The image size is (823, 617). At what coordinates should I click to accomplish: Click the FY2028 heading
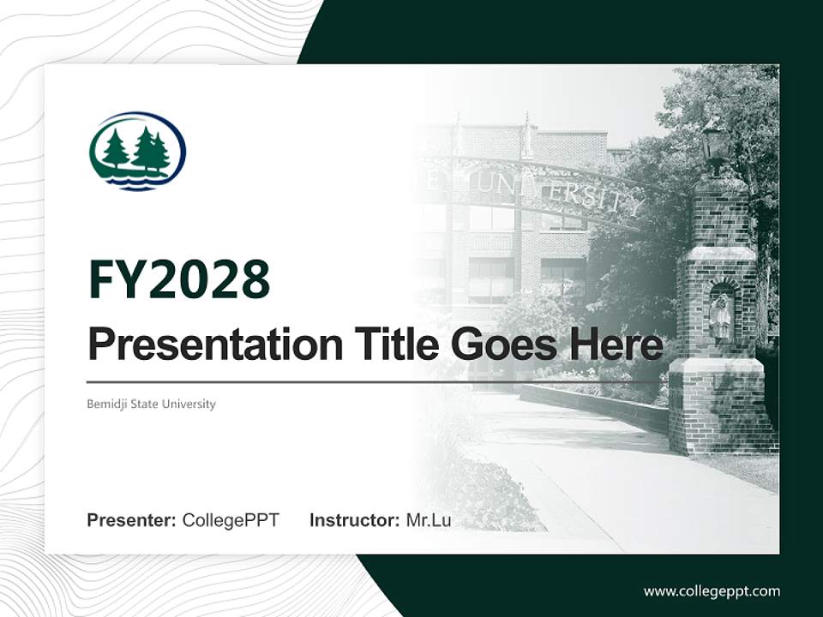(x=179, y=280)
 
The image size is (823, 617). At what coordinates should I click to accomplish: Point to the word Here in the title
(x=618, y=344)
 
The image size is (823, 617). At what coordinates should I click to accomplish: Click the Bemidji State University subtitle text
(x=151, y=404)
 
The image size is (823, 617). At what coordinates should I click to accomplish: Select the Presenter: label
(x=132, y=520)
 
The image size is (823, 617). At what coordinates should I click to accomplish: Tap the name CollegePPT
(x=231, y=520)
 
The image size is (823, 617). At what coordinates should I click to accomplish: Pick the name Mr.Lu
(x=429, y=520)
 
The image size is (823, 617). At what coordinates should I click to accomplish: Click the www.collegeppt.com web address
(x=712, y=590)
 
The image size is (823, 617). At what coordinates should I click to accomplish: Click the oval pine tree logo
(x=137, y=151)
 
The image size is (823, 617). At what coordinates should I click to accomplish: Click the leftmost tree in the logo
(x=115, y=152)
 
